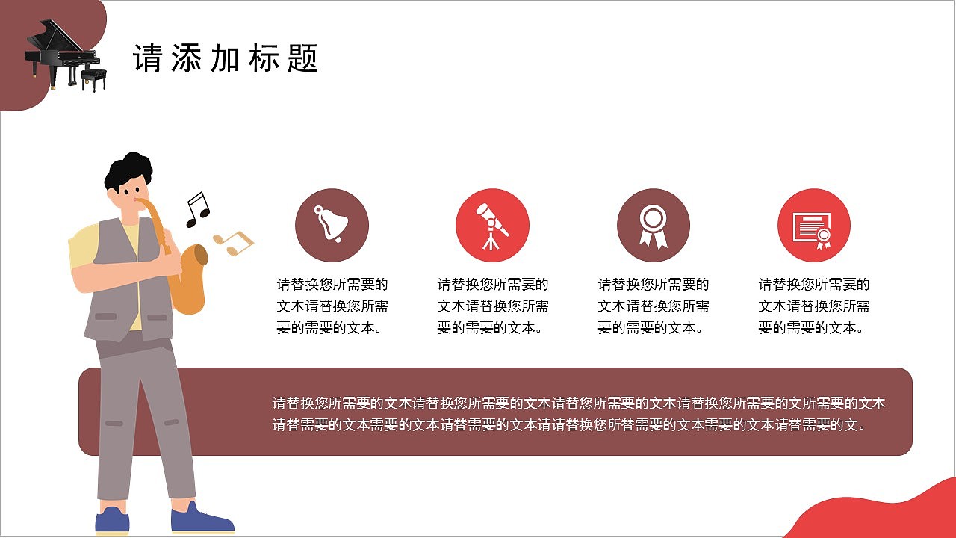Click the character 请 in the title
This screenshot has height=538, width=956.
147,58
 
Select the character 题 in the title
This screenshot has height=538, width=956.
302,58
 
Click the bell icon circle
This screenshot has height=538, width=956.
332,225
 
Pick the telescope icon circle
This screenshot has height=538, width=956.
492,225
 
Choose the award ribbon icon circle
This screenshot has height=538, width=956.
653,225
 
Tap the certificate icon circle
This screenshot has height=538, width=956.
813,225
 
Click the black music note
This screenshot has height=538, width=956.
197,209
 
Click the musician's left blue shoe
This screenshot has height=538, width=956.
112,521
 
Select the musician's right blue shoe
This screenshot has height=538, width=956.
200,519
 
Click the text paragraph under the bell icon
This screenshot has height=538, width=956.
332,306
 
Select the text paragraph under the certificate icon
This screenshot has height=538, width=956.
814,306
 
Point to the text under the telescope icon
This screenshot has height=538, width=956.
493,306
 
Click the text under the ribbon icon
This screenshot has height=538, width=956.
654,306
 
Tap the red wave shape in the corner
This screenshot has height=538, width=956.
881,516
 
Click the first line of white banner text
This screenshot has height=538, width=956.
579,403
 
